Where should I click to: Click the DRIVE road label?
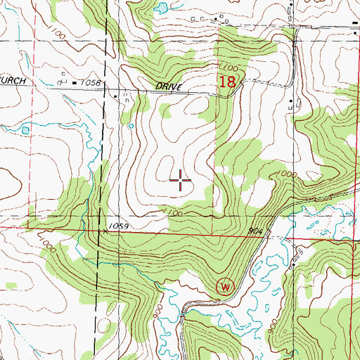coord(169,86)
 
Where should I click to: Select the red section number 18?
coord(226,82)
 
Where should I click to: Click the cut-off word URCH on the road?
coord(13,82)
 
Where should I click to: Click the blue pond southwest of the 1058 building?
coord(27,129)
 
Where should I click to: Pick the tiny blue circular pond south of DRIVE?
coord(131,127)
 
